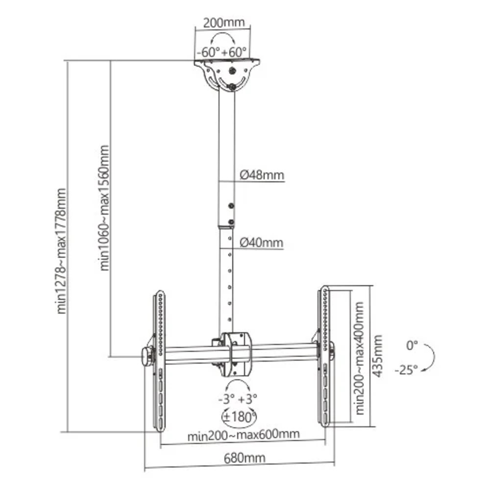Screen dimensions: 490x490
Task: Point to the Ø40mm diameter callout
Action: tap(262, 243)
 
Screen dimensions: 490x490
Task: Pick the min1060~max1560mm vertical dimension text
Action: tap(105, 207)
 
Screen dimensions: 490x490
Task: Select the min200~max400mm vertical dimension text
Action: tap(360, 358)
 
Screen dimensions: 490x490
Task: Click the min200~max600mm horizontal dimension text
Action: tap(244, 435)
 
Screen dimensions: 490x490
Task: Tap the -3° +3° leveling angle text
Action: tap(238, 398)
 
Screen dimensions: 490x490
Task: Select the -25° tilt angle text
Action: tap(406, 370)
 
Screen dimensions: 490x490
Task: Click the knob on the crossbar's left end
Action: tap(146, 356)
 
